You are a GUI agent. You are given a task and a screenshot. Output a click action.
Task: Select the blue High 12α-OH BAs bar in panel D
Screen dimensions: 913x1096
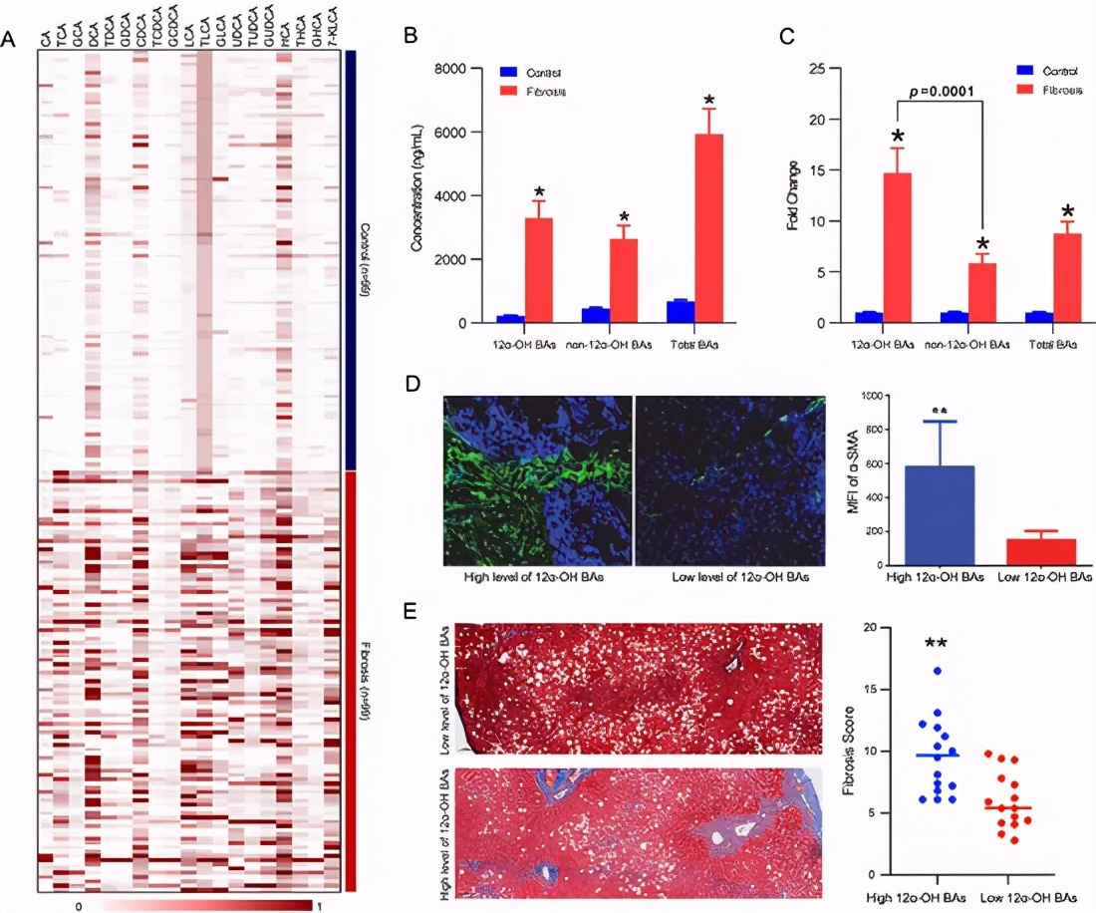coord(940,516)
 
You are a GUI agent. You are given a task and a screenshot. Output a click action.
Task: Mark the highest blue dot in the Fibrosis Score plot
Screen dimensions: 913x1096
coord(937,671)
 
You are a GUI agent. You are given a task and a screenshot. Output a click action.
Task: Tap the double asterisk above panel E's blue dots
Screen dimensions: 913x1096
coord(935,644)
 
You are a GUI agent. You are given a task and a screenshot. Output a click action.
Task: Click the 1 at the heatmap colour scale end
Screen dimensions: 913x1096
coord(319,906)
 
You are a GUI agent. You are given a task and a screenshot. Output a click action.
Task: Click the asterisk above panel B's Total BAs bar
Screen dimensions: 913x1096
coord(709,100)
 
